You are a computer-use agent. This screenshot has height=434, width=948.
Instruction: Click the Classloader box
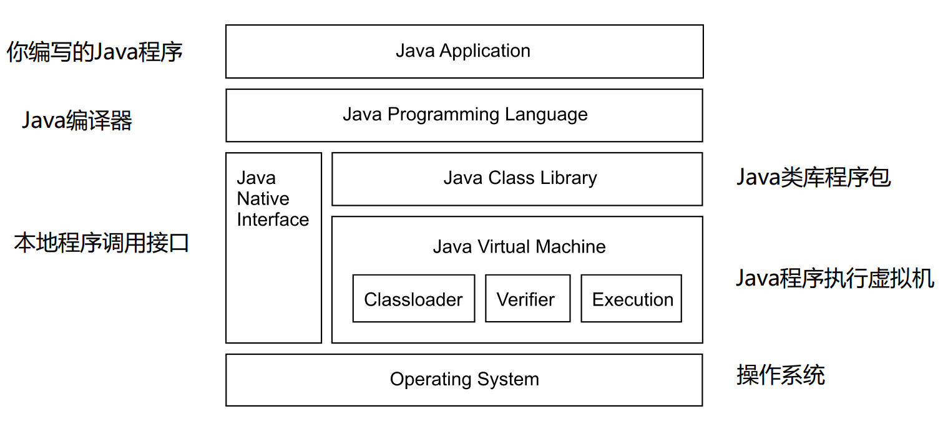click(x=413, y=299)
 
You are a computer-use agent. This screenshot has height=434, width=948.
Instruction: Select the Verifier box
click(x=527, y=299)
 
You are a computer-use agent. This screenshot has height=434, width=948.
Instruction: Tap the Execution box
click(x=632, y=299)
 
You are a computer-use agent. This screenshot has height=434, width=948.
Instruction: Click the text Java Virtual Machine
click(x=519, y=247)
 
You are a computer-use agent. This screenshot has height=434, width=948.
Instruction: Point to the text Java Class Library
click(x=520, y=178)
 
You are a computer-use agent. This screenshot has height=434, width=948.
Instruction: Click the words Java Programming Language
click(x=464, y=115)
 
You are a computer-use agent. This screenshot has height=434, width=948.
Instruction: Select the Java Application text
click(x=462, y=51)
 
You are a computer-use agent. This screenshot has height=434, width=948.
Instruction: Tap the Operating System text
click(x=464, y=379)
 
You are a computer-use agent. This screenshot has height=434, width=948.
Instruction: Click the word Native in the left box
click(x=263, y=199)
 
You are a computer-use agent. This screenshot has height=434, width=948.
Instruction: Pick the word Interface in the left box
click(x=273, y=219)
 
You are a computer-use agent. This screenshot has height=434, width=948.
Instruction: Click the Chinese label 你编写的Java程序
click(x=94, y=52)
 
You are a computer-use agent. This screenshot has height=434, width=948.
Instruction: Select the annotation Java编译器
click(x=77, y=120)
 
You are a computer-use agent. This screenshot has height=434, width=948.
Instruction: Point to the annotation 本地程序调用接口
click(x=101, y=243)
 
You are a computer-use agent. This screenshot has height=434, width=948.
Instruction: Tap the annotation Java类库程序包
click(x=813, y=178)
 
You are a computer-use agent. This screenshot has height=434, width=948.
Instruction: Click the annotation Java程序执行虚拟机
click(x=835, y=278)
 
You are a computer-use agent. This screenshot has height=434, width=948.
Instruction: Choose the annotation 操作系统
click(x=780, y=375)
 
